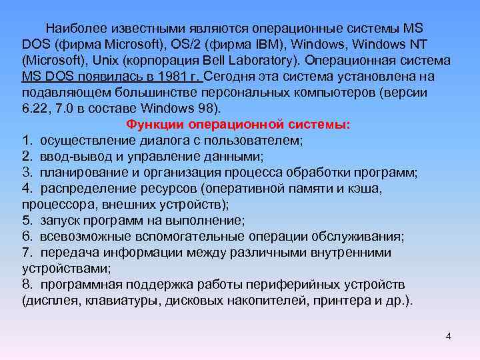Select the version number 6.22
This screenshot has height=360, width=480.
(35, 109)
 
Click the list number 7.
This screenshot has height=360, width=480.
(26, 253)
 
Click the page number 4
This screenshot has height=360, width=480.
(448, 336)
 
